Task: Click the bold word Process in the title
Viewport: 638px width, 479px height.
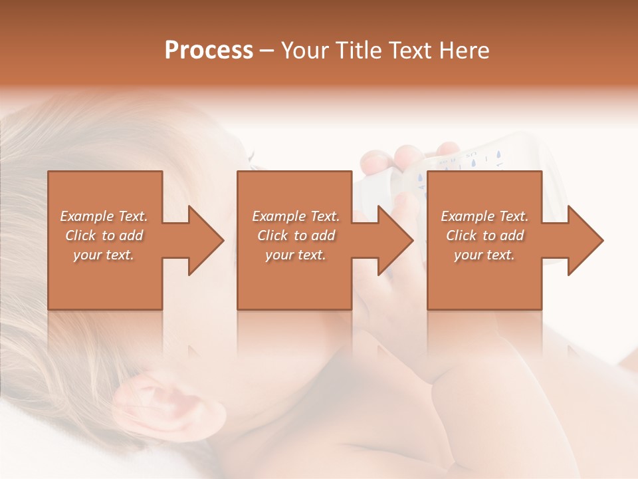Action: pyautogui.click(x=209, y=51)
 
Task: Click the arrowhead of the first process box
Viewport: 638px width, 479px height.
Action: pyautogui.click(x=207, y=240)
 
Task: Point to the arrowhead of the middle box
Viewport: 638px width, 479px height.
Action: pyautogui.click(x=396, y=240)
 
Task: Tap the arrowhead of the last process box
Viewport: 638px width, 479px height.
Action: pyautogui.click(x=585, y=240)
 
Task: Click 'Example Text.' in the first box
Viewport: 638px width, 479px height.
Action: pyautogui.click(x=104, y=216)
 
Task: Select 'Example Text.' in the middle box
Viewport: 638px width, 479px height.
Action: pyautogui.click(x=296, y=216)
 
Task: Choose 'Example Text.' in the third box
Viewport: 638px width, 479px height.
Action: pyautogui.click(x=484, y=216)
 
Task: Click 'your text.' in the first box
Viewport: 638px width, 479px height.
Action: pyautogui.click(x=104, y=255)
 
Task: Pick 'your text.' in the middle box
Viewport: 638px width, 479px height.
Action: pyautogui.click(x=296, y=255)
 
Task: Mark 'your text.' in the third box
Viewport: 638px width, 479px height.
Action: pyautogui.click(x=484, y=255)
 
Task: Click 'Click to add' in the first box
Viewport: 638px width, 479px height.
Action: pyautogui.click(x=104, y=236)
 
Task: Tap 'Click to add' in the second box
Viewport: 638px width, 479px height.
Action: pyautogui.click(x=296, y=236)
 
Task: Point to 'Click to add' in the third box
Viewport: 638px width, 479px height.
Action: pyautogui.click(x=484, y=236)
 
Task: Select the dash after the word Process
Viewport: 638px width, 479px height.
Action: pyautogui.click(x=267, y=51)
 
